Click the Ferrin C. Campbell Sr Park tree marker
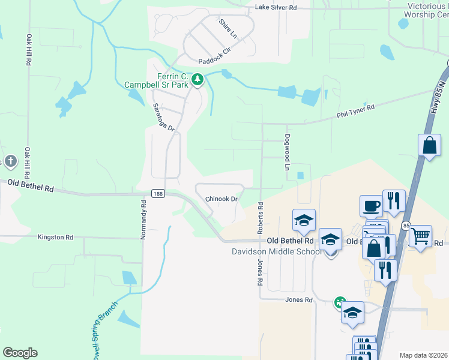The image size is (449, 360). tap(197, 79)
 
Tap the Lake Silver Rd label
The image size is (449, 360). tap(276, 7)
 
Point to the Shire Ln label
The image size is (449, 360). tap(228, 29)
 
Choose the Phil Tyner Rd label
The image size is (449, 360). tap(355, 110)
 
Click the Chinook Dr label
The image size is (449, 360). tap(222, 199)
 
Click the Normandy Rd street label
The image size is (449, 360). tap(143, 220)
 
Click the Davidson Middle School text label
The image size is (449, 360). tap(277, 251)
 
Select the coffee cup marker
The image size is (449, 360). tap(371, 206)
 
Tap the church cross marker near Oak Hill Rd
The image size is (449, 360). tap(9, 161)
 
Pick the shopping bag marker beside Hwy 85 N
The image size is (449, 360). tap(429, 145)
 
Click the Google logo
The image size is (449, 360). tap(20, 353)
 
